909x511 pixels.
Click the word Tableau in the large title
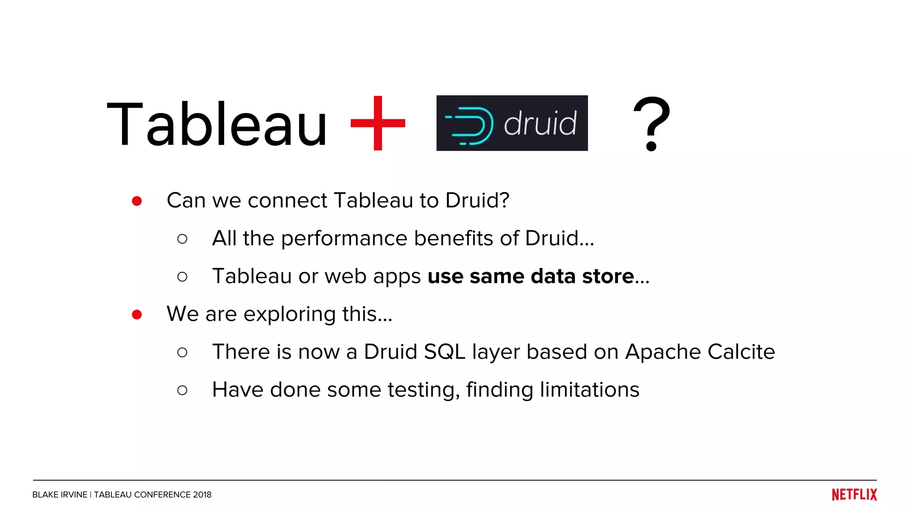[217, 124]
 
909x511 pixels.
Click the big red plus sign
[378, 123]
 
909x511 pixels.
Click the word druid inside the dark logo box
[540, 123]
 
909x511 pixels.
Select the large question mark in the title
[651, 124]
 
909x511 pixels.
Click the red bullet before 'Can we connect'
[137, 201]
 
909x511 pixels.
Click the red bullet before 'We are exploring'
[137, 314]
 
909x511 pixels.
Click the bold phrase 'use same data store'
[530, 276]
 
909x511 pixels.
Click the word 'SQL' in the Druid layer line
[444, 352]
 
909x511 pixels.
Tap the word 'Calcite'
[741, 352]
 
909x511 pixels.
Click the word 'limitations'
[589, 390]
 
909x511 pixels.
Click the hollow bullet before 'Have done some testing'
[182, 390]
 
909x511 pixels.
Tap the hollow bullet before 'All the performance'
[182, 239]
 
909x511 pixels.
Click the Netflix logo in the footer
[854, 495]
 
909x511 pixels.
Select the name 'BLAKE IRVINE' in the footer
[59, 495]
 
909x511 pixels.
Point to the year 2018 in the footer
[202, 495]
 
